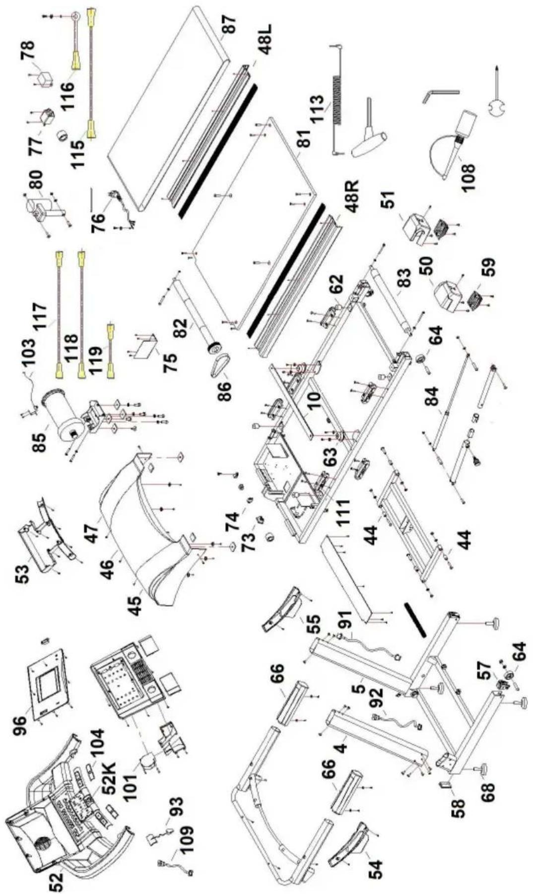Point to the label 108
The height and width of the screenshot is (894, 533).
click(467, 171)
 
